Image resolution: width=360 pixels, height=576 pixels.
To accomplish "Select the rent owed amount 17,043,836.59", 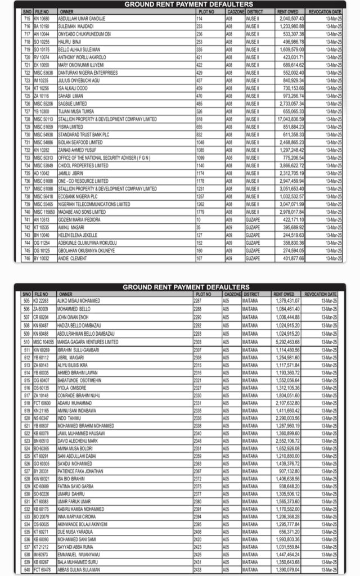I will [291, 119].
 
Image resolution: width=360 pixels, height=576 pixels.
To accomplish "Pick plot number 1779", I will [200, 212].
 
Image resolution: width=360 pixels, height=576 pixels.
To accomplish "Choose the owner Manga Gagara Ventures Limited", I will [88, 341].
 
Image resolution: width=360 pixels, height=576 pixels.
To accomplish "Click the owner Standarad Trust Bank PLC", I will [84, 134].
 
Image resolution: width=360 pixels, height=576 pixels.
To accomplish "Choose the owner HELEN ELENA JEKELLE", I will [78, 235].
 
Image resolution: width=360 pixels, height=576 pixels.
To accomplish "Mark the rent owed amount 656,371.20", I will [287, 531].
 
